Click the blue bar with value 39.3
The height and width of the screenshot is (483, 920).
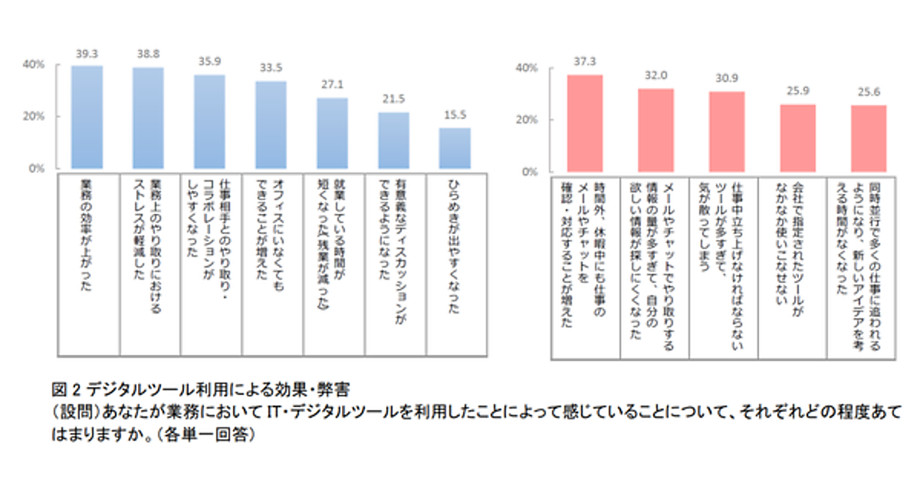tap(87, 117)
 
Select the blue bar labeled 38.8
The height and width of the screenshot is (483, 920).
tap(148, 117)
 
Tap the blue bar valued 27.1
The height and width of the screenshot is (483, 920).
tap(332, 133)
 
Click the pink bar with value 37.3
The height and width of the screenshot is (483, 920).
tap(584, 123)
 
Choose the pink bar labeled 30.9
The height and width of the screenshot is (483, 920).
tap(727, 131)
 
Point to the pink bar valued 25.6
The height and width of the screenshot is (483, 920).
tap(869, 138)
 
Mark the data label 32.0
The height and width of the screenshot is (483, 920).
tap(655, 77)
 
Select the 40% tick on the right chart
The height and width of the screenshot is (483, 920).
tap(527, 68)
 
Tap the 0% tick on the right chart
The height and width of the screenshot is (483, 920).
tap(530, 172)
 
